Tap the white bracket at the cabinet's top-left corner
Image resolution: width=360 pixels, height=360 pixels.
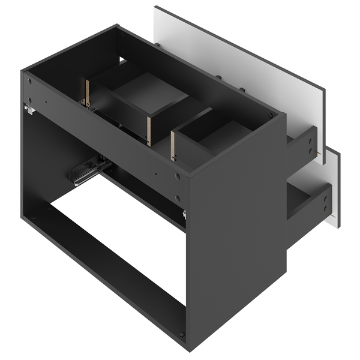point(28,109)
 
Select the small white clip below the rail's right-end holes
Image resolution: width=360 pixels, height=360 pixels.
point(184,214)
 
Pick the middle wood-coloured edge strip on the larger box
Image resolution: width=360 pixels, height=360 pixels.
point(148,130)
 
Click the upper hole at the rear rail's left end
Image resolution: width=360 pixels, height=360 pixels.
point(28,81)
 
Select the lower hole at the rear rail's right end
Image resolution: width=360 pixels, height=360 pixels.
point(178,197)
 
